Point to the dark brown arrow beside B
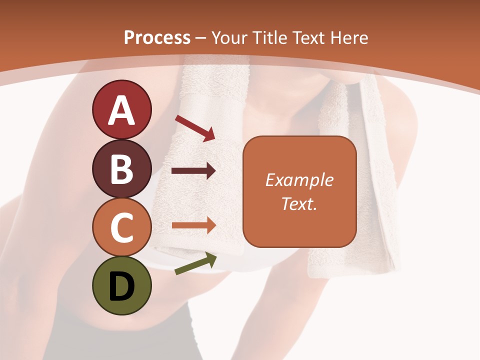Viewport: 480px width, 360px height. [x=193, y=171]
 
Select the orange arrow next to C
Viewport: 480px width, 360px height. [x=193, y=225]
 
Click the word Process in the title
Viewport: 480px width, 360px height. [x=157, y=38]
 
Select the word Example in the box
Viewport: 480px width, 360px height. [x=299, y=180]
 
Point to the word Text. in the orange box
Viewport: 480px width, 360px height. [x=299, y=203]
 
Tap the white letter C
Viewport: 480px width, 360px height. [x=121, y=228]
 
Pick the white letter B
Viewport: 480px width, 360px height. [x=121, y=169]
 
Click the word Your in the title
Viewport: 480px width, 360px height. [x=229, y=38]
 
